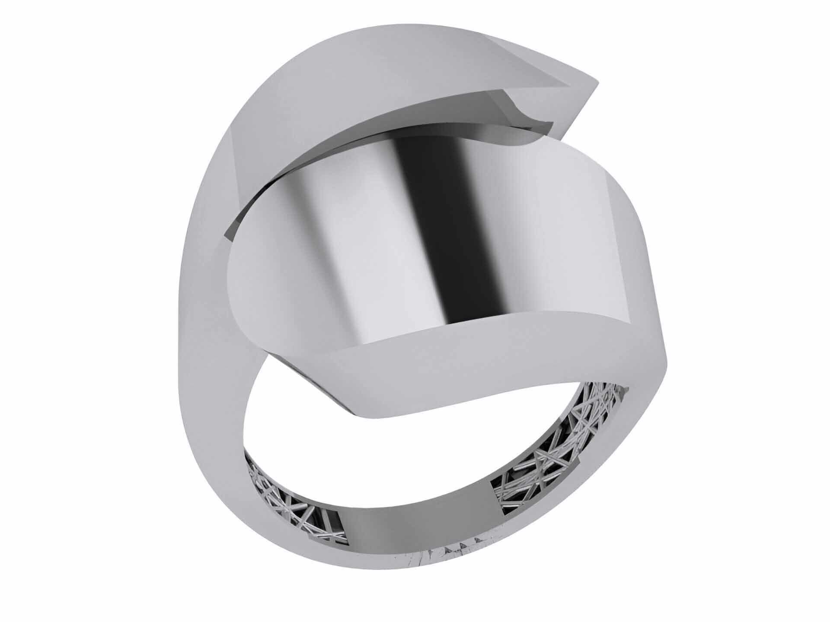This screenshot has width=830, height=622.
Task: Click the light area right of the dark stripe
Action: [x=540, y=242]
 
